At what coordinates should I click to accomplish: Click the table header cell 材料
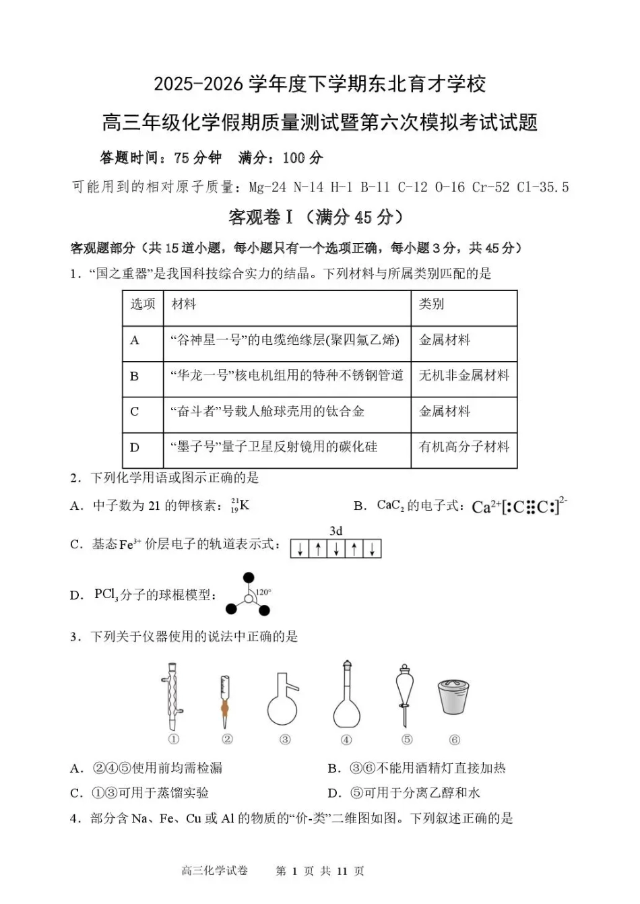click(x=184, y=304)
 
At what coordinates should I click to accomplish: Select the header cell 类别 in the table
click(x=431, y=304)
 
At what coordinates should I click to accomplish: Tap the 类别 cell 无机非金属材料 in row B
click(x=463, y=375)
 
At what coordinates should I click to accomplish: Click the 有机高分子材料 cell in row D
click(x=463, y=447)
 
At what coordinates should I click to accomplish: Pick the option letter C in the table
click(x=135, y=412)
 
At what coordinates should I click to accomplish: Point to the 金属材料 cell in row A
click(x=445, y=340)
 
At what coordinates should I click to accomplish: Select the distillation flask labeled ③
click(x=283, y=701)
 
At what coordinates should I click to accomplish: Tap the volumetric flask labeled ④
click(x=346, y=697)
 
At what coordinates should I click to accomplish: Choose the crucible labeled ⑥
click(x=454, y=697)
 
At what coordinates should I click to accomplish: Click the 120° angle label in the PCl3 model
click(x=263, y=591)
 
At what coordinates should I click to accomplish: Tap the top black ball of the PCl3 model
click(x=249, y=578)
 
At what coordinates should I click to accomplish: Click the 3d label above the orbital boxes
click(x=335, y=531)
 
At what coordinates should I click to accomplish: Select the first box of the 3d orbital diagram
click(x=299, y=549)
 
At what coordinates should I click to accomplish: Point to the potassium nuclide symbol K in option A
click(x=244, y=505)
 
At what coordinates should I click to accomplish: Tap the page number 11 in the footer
click(x=342, y=871)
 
